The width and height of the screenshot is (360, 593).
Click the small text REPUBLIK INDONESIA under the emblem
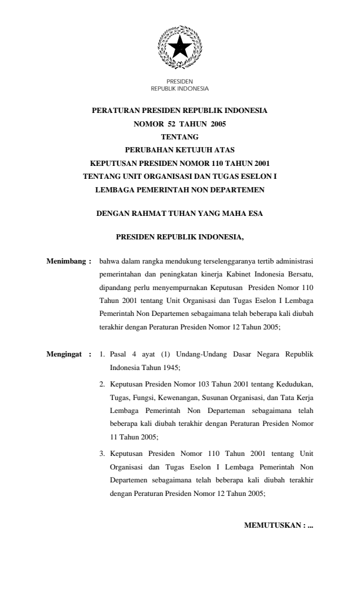[180, 89]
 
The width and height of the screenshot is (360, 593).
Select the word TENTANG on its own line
[179, 136]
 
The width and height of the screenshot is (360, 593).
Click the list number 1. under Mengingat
[102, 355]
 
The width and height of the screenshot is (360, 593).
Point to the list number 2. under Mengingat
[102, 384]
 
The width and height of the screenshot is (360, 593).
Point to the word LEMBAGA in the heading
[116, 189]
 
